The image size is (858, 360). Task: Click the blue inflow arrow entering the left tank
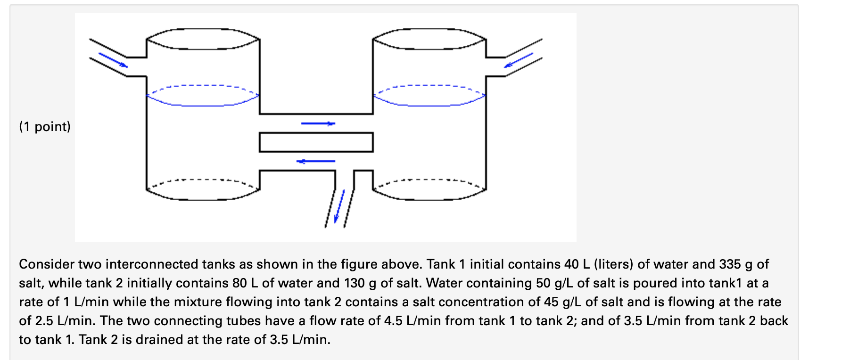[x=113, y=60]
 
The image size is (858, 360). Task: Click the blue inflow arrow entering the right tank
[x=519, y=60]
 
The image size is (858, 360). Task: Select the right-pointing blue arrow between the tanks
[x=318, y=123]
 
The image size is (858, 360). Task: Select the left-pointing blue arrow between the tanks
[x=316, y=161]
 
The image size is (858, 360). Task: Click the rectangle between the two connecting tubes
[x=316, y=142]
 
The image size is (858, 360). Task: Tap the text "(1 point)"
[x=45, y=127]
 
